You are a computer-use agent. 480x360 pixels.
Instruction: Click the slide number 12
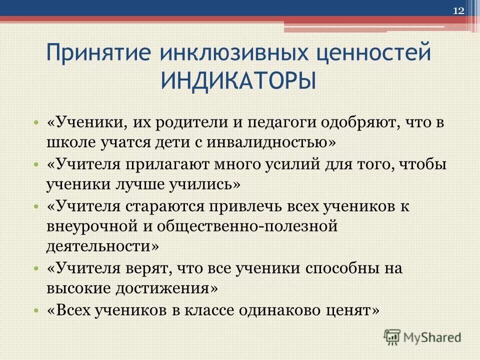pos(458,11)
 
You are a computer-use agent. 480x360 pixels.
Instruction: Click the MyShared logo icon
pos(392,337)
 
